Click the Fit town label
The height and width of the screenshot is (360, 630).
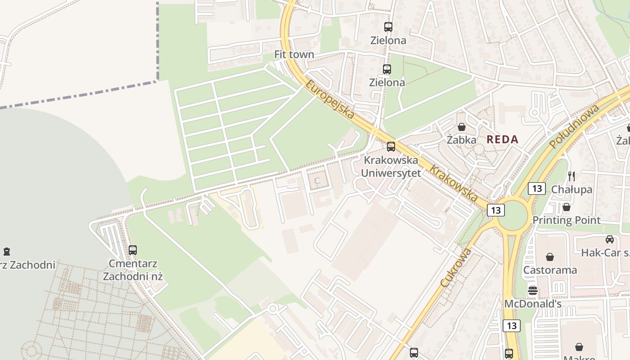pos(294,54)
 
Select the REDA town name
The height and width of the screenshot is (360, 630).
pos(502,139)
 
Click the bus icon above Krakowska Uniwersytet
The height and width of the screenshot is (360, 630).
pos(391,146)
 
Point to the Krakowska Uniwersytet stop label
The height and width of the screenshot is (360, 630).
pos(391,166)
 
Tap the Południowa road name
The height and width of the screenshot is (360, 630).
pos(574,126)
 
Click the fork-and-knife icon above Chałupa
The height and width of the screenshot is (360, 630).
pos(571,176)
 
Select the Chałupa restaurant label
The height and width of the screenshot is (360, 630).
pos(571,189)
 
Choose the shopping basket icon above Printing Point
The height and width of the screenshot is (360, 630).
pos(567,207)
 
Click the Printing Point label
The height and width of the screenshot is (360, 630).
pos(567,220)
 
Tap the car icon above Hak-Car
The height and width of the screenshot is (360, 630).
pos(609,239)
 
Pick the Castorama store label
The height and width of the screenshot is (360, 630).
pos(550,270)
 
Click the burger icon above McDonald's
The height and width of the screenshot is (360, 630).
pos(533,290)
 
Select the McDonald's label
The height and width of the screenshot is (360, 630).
pos(533,304)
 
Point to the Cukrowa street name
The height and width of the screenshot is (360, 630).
pos(456,268)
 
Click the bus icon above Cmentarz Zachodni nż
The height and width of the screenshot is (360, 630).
pos(132,250)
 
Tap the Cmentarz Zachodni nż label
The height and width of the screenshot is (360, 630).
pos(132,270)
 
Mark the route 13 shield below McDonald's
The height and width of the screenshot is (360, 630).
pos(511,326)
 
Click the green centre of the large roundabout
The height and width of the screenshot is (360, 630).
pos(512,216)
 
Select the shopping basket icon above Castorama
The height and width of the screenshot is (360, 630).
pos(550,256)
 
